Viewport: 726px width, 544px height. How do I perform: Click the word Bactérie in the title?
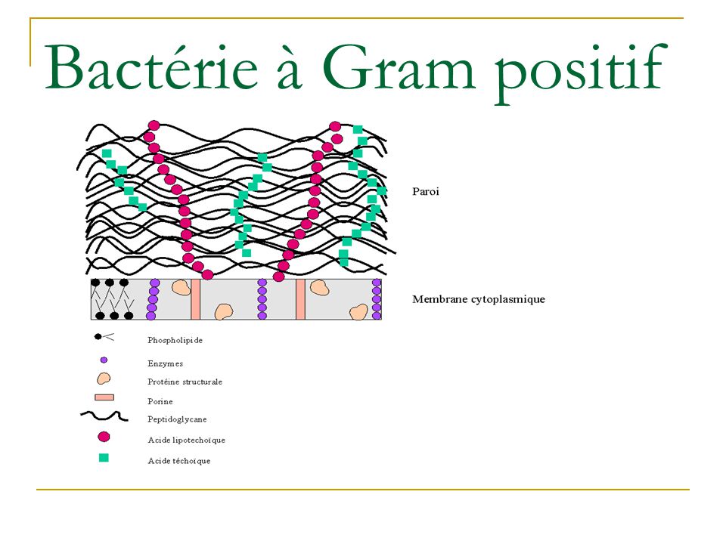coord(151,66)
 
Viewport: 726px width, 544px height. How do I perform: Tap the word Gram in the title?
coord(399,66)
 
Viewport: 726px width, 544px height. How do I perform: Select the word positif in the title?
coord(581,72)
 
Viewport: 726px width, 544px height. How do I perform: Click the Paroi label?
coord(426,191)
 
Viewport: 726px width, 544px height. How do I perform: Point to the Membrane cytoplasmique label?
coord(479,299)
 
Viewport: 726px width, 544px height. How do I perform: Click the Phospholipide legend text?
coord(175,341)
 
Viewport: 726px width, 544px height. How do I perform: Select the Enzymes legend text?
coord(166,363)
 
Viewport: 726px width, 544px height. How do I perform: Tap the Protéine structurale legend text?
coord(185,382)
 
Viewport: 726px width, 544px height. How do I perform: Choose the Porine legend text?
coord(160,401)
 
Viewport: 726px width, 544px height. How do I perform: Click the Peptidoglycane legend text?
coord(177,419)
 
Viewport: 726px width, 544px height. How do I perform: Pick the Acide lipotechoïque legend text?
coord(186,440)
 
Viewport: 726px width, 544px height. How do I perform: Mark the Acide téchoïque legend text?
coord(178,461)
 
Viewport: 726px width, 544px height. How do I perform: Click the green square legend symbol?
coord(104,458)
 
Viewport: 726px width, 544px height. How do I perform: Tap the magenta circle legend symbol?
coord(104,437)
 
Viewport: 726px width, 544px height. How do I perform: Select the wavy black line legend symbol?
coord(104,416)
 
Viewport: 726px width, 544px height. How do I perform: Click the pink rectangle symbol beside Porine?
coord(104,397)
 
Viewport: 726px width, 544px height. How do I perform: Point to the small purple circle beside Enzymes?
coord(104,360)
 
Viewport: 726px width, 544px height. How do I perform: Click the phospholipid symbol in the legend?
coord(104,337)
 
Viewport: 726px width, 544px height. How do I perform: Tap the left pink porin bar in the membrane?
coord(195,299)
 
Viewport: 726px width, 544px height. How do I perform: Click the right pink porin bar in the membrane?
coord(300,299)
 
